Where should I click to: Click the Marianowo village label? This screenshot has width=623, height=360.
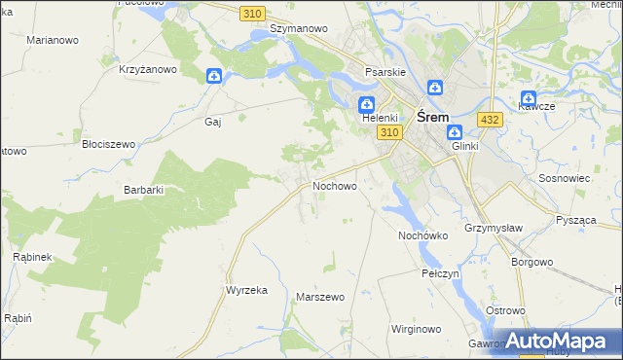click(53, 40)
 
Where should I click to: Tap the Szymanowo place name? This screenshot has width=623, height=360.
click(298, 29)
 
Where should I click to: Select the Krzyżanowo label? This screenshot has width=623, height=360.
click(148, 69)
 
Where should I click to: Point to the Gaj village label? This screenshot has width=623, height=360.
click(213, 123)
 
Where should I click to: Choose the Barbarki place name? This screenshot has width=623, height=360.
click(144, 191)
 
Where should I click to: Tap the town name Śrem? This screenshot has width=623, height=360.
click(432, 115)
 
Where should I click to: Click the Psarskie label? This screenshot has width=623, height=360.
click(384, 72)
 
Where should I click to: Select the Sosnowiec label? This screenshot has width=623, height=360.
click(565, 180)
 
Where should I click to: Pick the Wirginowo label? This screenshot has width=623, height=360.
click(416, 330)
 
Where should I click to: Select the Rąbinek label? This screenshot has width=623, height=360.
click(31, 257)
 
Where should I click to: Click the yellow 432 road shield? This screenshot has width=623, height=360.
click(490, 120)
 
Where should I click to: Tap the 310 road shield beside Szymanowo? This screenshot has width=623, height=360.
click(253, 13)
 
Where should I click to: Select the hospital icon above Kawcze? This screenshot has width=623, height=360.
click(529, 98)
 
